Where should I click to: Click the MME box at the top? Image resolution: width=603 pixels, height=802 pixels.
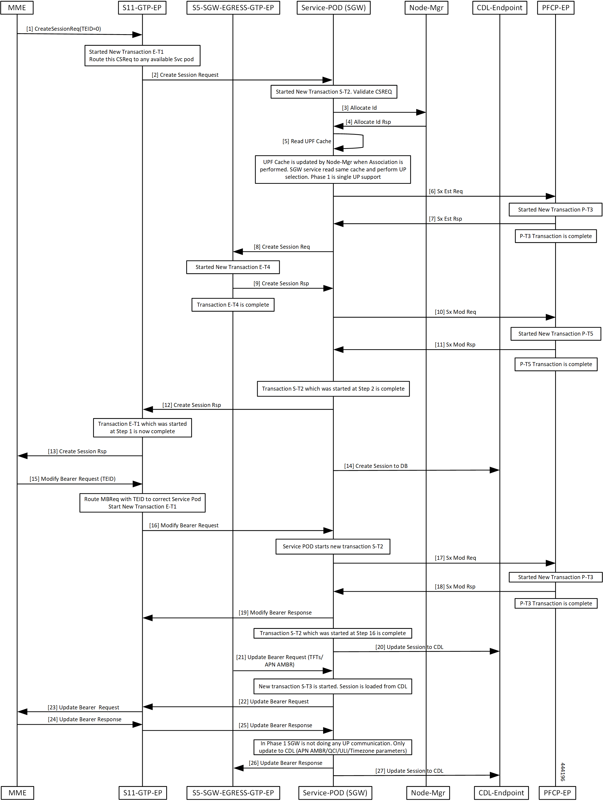click(x=17, y=8)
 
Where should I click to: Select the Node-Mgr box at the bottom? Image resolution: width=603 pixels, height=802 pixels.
click(x=428, y=793)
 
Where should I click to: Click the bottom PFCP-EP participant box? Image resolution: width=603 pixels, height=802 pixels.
click(x=557, y=793)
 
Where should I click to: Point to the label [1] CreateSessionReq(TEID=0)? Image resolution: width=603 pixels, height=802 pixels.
click(x=63, y=29)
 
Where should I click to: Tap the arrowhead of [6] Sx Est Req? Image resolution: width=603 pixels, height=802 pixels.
click(x=550, y=196)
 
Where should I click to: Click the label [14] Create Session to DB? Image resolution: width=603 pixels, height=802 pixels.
click(x=376, y=466)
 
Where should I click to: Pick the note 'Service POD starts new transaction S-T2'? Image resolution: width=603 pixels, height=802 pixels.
click(x=333, y=546)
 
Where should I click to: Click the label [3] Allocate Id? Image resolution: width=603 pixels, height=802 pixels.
click(x=359, y=108)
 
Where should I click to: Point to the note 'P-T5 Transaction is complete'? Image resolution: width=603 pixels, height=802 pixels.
click(x=556, y=364)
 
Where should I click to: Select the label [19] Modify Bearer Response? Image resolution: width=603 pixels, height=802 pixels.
click(x=275, y=612)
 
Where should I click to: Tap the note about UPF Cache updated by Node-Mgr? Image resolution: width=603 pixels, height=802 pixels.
click(x=333, y=169)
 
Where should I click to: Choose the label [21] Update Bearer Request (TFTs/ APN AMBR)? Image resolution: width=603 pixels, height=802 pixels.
click(x=279, y=661)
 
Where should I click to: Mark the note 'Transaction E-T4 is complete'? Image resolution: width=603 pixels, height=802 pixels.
click(x=233, y=305)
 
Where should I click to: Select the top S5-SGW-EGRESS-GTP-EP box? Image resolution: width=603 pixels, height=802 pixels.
click(x=233, y=8)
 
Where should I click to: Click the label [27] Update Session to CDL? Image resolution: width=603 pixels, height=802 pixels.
click(x=409, y=771)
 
